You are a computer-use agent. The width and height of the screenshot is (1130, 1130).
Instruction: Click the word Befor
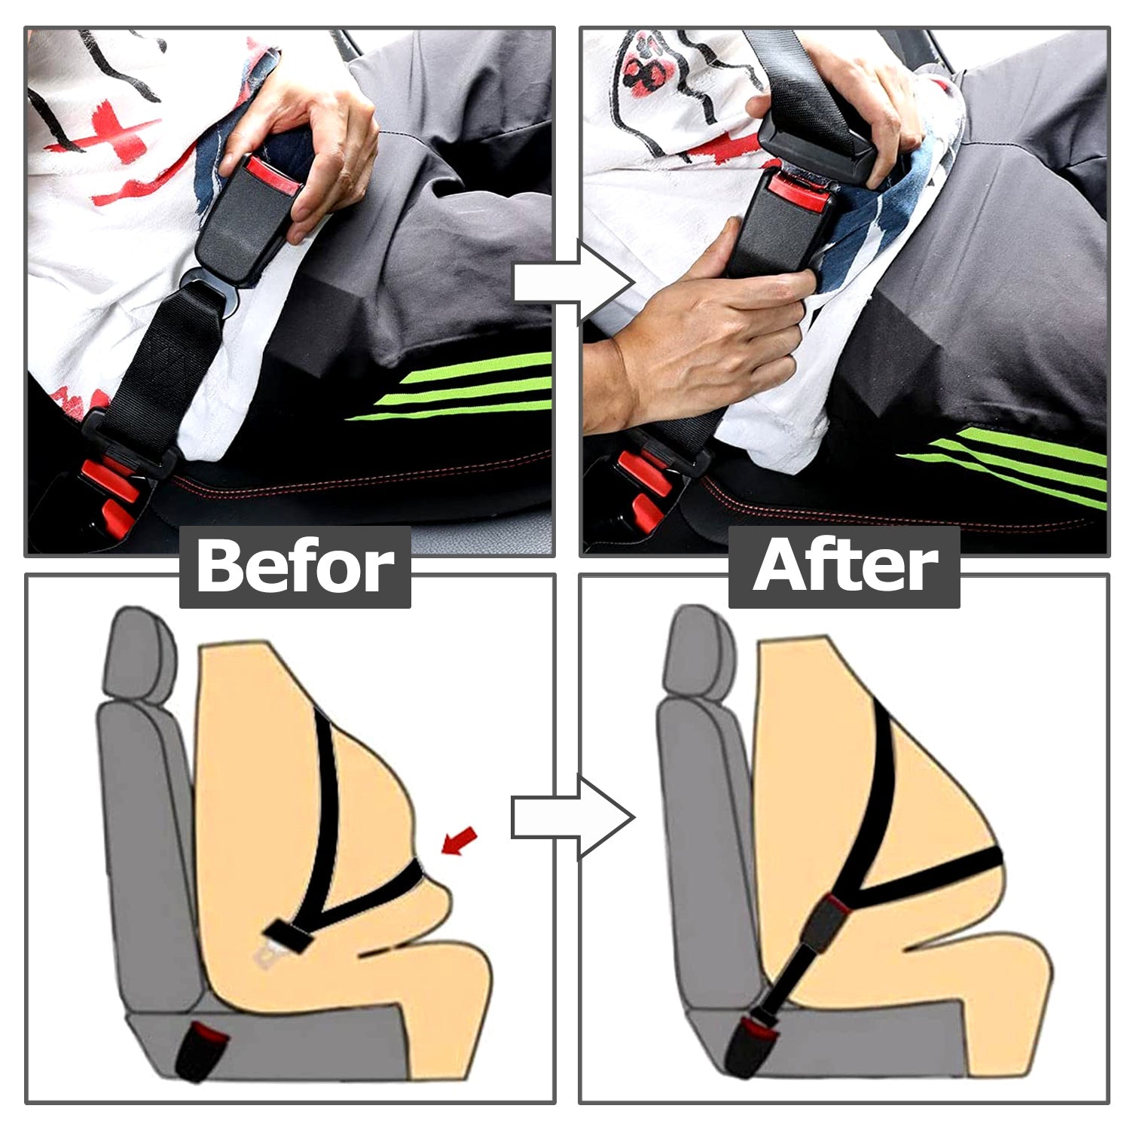(x=295, y=567)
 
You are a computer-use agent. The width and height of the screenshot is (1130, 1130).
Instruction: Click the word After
(x=844, y=566)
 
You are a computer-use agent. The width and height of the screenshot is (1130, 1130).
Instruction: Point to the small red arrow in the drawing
(x=459, y=841)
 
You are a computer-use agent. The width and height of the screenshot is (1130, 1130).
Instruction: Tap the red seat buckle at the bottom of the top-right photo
(x=640, y=490)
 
